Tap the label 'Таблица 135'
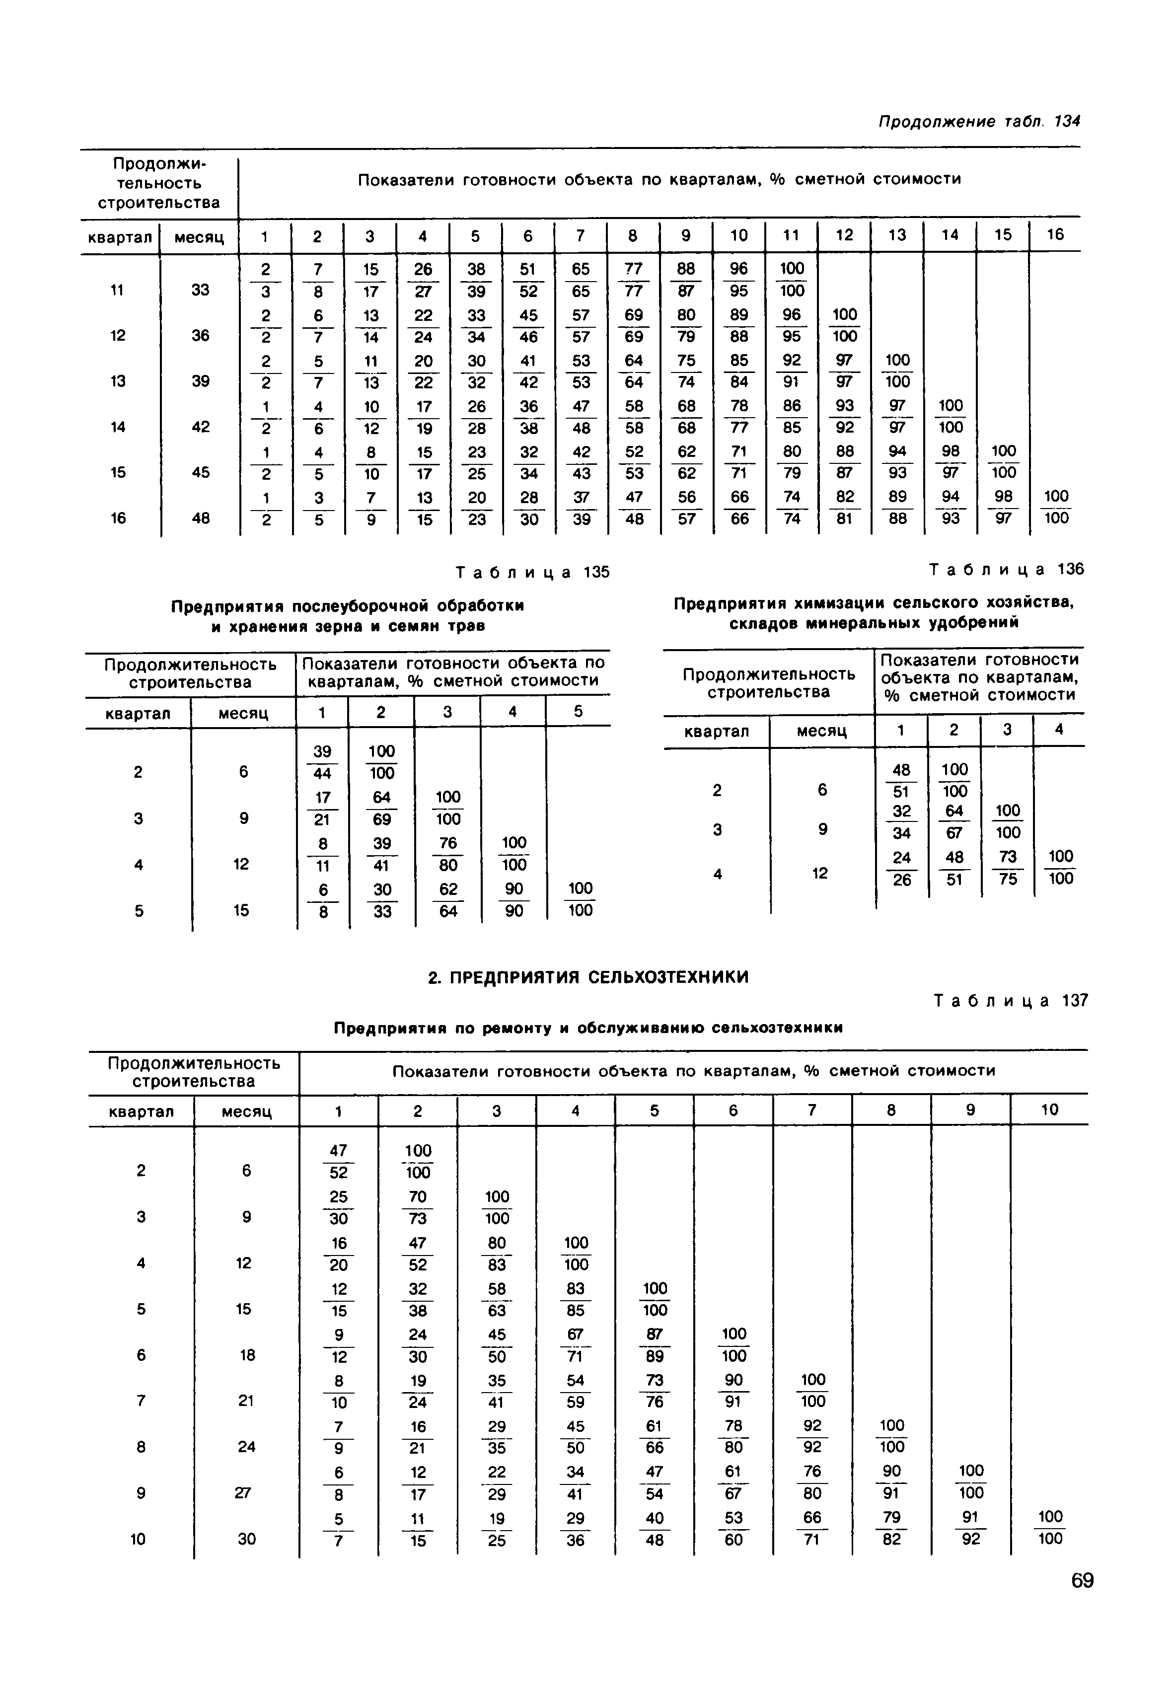point(533,572)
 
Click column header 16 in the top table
point(1055,235)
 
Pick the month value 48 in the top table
point(201,518)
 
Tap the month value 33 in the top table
point(201,290)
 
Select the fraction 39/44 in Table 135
point(322,761)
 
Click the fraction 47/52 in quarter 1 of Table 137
point(338,1161)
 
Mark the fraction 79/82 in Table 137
point(891,1528)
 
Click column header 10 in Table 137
point(1049,1110)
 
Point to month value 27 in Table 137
point(246,1493)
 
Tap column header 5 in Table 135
point(579,712)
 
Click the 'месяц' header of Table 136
point(822,732)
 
